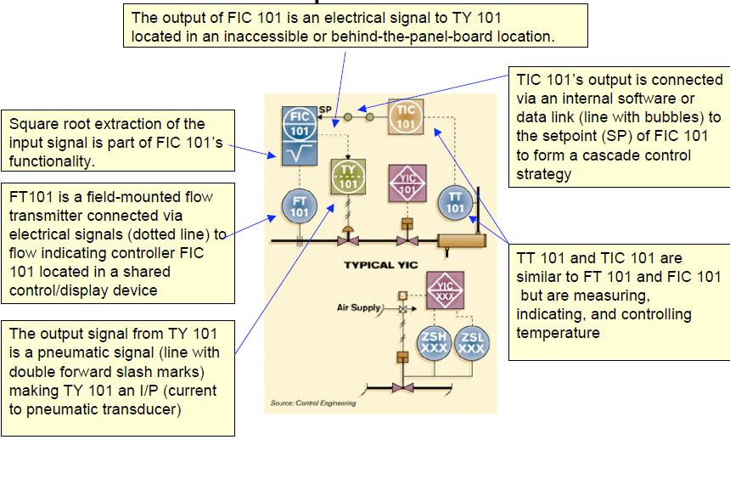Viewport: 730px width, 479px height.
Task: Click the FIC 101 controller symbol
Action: tap(300, 124)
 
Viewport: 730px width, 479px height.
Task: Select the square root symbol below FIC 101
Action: tap(300, 153)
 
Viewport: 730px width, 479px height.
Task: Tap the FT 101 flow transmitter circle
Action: tap(300, 206)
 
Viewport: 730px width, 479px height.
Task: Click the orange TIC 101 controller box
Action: tap(407, 116)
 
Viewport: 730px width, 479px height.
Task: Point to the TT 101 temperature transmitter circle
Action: tap(456, 203)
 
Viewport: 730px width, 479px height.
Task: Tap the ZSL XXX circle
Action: tap(471, 342)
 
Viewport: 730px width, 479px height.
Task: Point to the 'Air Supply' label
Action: tap(358, 307)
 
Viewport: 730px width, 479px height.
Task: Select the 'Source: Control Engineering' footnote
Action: tap(313, 403)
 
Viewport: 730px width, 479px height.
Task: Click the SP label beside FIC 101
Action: tap(325, 110)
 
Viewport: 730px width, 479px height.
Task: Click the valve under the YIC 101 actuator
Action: tap(407, 241)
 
